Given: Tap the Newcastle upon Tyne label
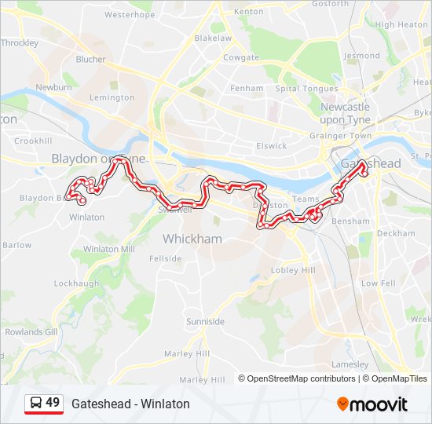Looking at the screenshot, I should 345,112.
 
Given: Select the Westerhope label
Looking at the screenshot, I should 129,14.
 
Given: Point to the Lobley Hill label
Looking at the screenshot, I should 293,270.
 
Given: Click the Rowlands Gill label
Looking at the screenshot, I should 31,331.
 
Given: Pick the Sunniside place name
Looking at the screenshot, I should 205,322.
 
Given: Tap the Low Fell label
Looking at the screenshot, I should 378,283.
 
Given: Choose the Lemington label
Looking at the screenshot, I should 112,97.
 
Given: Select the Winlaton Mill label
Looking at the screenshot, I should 108,249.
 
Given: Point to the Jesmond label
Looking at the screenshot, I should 361,56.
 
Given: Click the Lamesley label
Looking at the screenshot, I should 350,364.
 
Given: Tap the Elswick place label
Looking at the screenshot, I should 272,145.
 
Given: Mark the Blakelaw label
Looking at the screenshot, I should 212,38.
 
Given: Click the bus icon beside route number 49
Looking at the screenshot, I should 35,403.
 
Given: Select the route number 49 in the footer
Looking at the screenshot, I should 53,403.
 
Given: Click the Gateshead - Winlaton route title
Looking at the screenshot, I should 130,404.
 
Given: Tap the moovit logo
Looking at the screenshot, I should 372,404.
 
